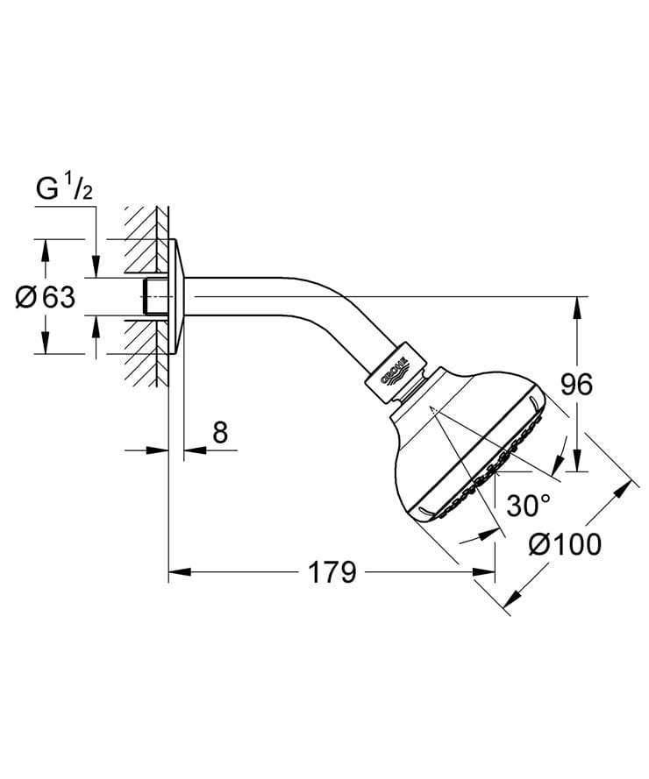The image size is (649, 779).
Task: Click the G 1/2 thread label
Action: click(x=64, y=188)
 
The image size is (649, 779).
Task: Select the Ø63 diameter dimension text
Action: click(x=46, y=298)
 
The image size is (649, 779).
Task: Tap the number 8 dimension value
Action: click(x=220, y=432)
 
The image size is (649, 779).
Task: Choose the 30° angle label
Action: click(x=528, y=505)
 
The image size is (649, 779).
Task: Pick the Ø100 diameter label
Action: click(x=567, y=545)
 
